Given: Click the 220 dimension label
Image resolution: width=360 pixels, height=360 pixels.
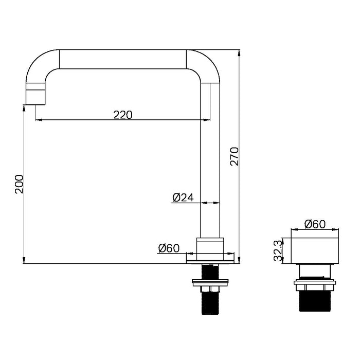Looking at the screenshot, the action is click(x=123, y=115).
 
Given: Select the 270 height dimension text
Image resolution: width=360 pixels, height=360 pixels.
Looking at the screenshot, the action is click(x=235, y=156).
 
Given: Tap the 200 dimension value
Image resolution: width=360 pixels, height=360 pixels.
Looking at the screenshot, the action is click(x=19, y=184).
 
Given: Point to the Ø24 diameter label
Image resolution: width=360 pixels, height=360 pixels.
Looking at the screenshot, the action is click(x=183, y=197).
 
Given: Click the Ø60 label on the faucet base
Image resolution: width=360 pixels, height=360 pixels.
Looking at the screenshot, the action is click(x=169, y=248).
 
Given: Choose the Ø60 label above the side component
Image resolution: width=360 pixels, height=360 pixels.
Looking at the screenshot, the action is click(x=315, y=224).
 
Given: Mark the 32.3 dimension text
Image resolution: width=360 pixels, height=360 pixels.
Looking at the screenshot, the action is click(x=278, y=251).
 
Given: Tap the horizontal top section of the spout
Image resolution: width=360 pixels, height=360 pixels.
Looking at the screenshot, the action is click(x=123, y=59).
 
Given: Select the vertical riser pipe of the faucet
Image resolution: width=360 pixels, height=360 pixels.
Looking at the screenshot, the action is click(x=210, y=160).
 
